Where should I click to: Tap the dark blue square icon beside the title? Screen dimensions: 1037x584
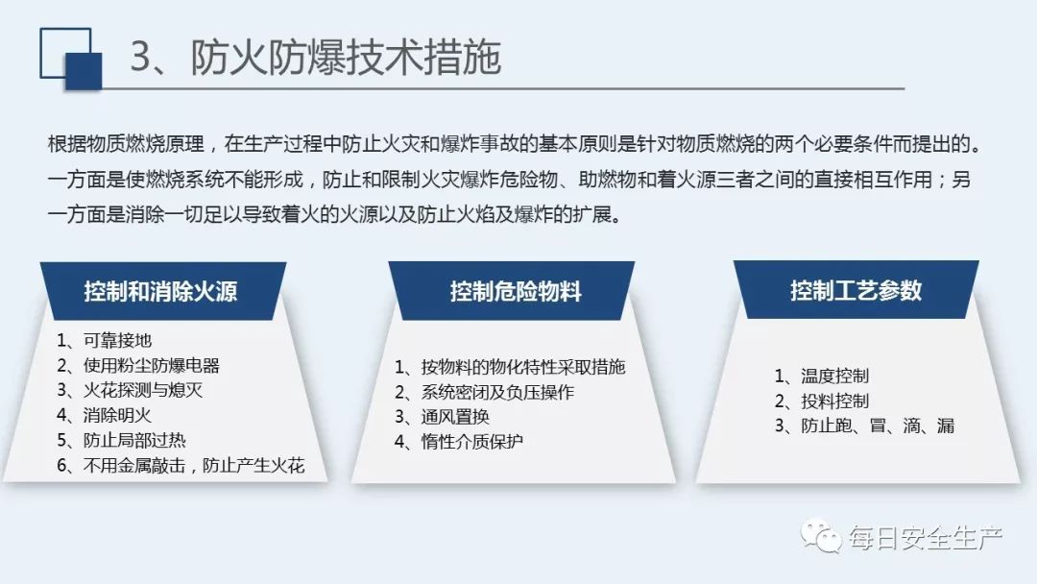(84, 71)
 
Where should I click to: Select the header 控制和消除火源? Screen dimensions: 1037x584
(160, 291)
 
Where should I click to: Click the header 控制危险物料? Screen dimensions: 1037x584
(516, 291)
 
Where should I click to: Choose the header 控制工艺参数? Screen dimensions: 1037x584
(856, 290)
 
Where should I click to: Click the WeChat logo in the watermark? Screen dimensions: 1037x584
(821, 536)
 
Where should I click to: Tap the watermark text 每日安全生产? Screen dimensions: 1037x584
(926, 538)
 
